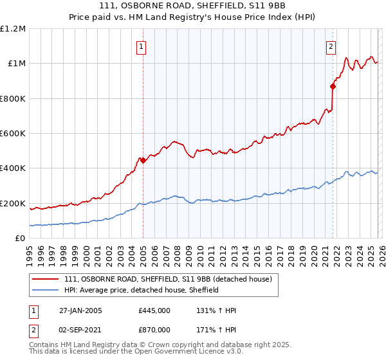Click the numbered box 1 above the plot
coord(140,46)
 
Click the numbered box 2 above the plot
coord(331,46)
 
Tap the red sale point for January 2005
coord(143,160)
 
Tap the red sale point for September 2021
coord(333,86)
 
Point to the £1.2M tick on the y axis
coord(13,29)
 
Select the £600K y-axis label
coord(13,134)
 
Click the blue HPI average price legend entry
coord(142,290)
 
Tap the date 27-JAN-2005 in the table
coord(80,310)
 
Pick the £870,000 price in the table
coord(154,329)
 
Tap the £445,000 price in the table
coord(154,310)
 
